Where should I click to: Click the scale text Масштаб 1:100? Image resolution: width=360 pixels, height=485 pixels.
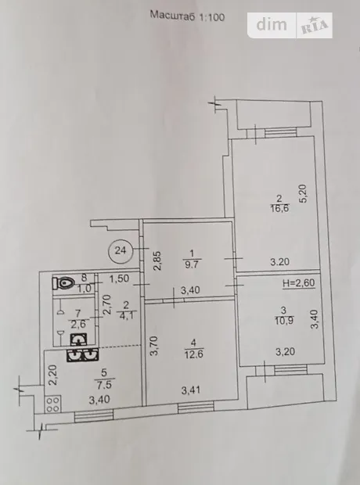[187, 16]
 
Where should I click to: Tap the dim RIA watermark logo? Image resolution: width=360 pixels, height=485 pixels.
[290, 25]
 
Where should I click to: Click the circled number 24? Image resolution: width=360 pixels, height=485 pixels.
[121, 250]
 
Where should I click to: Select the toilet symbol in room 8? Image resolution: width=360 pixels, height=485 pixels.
[64, 282]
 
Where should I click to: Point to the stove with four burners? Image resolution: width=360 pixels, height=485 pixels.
[53, 404]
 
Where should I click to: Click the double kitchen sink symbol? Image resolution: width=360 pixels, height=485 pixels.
[82, 355]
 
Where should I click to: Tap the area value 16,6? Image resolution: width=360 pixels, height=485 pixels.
[279, 208]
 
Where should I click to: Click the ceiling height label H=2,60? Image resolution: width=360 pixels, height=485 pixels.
[299, 282]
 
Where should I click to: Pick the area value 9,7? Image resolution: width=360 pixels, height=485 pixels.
[192, 264]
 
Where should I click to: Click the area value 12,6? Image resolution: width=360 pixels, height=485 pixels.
[194, 354]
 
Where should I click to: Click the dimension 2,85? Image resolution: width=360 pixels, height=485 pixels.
[158, 260]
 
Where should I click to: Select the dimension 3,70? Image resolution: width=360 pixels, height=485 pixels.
[154, 346]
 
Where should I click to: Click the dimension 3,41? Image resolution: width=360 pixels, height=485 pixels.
[191, 390]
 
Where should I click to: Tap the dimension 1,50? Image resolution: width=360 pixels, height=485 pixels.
[119, 278]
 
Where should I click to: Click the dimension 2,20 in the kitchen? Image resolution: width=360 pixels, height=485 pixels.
[53, 375]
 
